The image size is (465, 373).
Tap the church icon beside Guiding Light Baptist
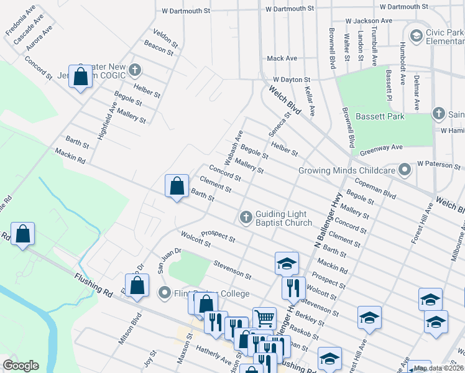point(246,218)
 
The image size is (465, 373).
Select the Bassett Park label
point(380,116)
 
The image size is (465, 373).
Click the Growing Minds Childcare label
point(347,170)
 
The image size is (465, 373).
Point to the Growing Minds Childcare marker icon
point(405,169)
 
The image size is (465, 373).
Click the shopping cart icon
point(264,318)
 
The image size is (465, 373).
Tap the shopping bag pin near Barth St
point(177,185)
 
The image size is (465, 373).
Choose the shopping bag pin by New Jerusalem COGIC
point(80,76)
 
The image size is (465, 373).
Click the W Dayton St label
point(292,80)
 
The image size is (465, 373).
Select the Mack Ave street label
point(282,58)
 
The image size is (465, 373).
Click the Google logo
point(21,366)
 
